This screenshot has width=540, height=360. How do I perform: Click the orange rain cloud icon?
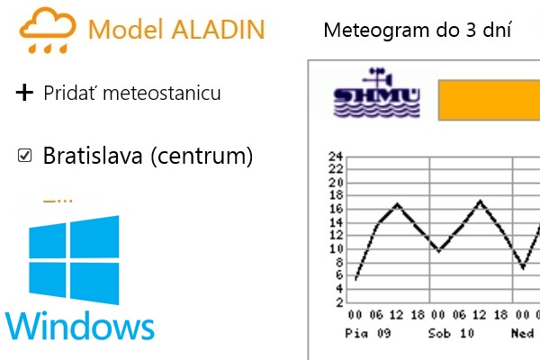coord(48,31)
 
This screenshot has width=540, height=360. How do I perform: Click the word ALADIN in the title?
coord(219,30)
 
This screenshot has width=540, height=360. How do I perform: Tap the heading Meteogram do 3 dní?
coord(418,30)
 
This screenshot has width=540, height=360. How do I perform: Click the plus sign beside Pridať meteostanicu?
coord(24,93)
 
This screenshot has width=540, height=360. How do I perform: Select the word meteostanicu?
coord(162,93)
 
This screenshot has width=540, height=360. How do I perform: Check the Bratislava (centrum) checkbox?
coord(24,156)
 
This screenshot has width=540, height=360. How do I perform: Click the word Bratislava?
coord(93,156)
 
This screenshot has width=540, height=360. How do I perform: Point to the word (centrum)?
coord(202,156)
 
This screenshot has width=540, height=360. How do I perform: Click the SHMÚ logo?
coord(377,93)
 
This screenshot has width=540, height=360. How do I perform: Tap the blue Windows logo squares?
coord(74,260)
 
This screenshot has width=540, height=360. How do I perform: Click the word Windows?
coord(80,326)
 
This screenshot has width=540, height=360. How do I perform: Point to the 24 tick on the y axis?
coord(336,157)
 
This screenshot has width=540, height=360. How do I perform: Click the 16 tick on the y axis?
coord(336,209)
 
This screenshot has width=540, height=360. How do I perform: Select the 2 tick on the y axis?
coord(339,302)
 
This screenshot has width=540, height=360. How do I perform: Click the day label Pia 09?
coord(368,334)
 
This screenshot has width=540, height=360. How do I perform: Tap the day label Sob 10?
coord(451,334)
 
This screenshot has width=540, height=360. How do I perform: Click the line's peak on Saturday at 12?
coord(480,201)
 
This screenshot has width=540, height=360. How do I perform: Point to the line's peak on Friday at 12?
coord(398,204)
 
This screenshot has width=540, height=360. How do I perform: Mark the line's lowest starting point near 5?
coord(355,279)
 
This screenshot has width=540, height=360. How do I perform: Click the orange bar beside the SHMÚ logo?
coord(489,100)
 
